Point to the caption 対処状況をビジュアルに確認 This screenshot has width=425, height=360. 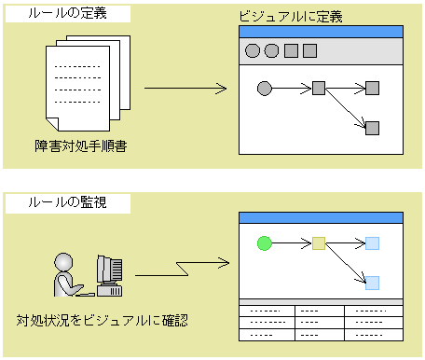[x=103, y=320]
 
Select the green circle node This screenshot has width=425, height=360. [x=264, y=243]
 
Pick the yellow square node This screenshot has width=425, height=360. [x=318, y=243]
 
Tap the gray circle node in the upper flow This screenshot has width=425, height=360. [x=264, y=89]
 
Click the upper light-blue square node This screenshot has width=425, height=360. [x=372, y=243]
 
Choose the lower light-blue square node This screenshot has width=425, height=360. [x=372, y=283]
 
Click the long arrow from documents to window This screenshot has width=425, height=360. [x=185, y=89]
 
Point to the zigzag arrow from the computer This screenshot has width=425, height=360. [x=182, y=270]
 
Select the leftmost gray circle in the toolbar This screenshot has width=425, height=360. [x=252, y=50]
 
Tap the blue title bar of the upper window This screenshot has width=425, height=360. [x=320, y=31]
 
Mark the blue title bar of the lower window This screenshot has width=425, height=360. [x=320, y=217]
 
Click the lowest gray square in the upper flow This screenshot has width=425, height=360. [x=372, y=128]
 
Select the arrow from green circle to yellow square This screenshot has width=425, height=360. [x=291, y=243]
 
